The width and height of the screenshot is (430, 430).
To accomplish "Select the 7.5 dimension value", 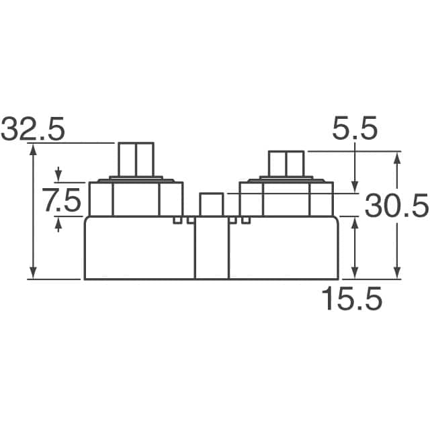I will [x=61, y=200].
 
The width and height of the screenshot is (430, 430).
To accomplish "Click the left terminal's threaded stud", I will [x=136, y=159].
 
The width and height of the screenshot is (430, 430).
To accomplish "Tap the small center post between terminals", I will [x=211, y=204].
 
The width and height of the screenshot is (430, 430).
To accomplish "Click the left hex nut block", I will [x=136, y=199].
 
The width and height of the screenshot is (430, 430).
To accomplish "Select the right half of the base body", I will [x=283, y=249].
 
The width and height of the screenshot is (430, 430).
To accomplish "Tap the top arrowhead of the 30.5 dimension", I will [x=397, y=157].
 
